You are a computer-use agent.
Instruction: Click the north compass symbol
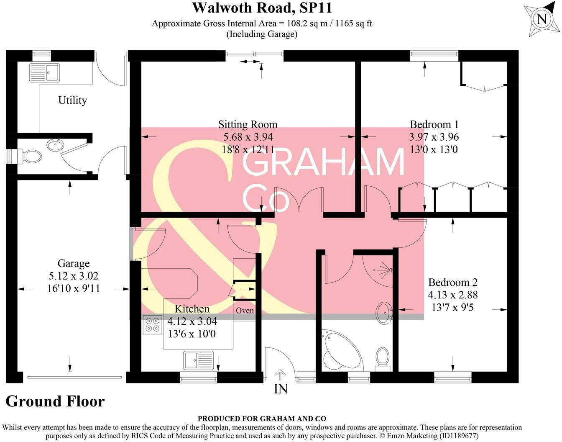click(x=542, y=19)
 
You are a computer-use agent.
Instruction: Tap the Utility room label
click(x=72, y=100)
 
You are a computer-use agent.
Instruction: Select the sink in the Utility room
click(x=45, y=72)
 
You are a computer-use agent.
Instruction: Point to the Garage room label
click(x=73, y=264)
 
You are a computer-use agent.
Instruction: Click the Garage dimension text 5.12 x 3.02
click(x=73, y=276)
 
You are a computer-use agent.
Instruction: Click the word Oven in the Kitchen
click(x=245, y=311)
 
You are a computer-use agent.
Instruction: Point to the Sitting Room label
click(x=248, y=124)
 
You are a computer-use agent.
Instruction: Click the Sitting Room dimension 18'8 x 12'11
click(x=248, y=149)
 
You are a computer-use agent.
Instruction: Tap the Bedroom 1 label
click(x=434, y=124)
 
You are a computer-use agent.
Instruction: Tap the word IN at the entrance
click(x=281, y=389)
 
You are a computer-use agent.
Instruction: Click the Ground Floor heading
click(x=55, y=401)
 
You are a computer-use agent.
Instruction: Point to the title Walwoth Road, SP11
click(x=262, y=8)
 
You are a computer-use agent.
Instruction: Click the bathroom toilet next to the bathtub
click(x=382, y=358)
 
